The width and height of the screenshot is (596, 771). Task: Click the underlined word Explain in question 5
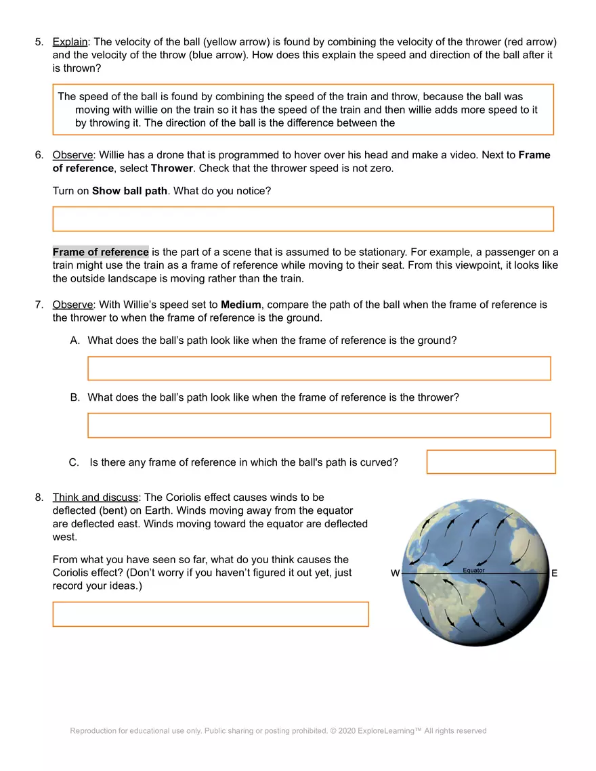[70, 42]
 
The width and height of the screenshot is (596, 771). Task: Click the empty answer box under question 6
[303, 219]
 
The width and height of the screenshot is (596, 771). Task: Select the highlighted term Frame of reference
[100, 252]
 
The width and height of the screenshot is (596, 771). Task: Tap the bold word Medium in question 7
[240, 305]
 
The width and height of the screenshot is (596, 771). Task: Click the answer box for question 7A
[319, 368]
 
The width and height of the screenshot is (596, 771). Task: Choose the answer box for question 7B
[319, 425]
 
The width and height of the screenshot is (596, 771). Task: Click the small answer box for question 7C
[490, 462]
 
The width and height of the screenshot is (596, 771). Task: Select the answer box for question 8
[211, 614]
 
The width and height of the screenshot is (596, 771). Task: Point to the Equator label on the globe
[473, 571]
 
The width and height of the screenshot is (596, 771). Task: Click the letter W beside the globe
[395, 573]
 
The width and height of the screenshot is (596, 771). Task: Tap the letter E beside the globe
[554, 573]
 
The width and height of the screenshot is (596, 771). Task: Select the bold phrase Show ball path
[129, 191]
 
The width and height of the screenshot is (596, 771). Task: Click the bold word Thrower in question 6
[171, 168]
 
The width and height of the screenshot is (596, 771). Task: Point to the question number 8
[39, 498]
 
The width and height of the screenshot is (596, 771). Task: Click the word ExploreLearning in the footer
[389, 730]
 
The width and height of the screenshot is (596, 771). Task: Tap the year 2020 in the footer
[346, 730]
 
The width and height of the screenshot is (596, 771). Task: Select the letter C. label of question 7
[74, 462]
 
